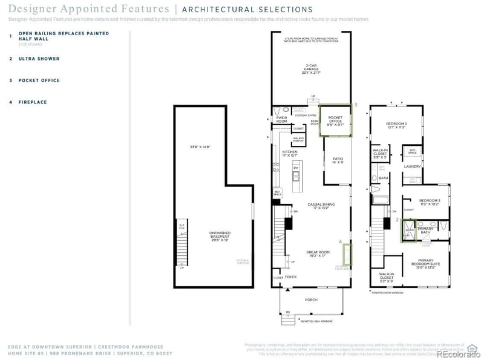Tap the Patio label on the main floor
(x=337, y=160)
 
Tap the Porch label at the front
(x=311, y=299)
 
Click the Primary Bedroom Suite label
(x=429, y=262)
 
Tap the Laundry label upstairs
(x=413, y=166)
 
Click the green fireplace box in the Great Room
(x=347, y=252)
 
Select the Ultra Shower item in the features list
(x=39, y=59)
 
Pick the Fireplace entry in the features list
(x=33, y=102)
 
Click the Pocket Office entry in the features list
(x=39, y=80)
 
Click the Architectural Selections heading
(x=247, y=10)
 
